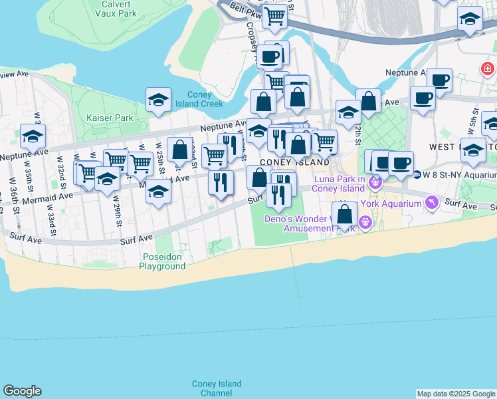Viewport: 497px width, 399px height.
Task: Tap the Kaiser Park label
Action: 110,118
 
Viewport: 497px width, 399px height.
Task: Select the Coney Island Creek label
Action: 199,99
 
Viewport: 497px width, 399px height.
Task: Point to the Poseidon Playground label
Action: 162,261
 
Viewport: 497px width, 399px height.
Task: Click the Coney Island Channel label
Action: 217,388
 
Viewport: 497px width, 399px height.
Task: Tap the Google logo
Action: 22,391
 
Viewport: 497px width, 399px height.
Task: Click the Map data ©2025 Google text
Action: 456,394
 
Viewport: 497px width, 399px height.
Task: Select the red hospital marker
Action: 488,68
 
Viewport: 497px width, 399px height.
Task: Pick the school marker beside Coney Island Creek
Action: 158,100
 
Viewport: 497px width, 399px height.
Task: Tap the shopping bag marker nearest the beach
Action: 344,215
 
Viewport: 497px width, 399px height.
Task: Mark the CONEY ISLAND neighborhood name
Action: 294,162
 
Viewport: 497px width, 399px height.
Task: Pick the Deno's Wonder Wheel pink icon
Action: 364,221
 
